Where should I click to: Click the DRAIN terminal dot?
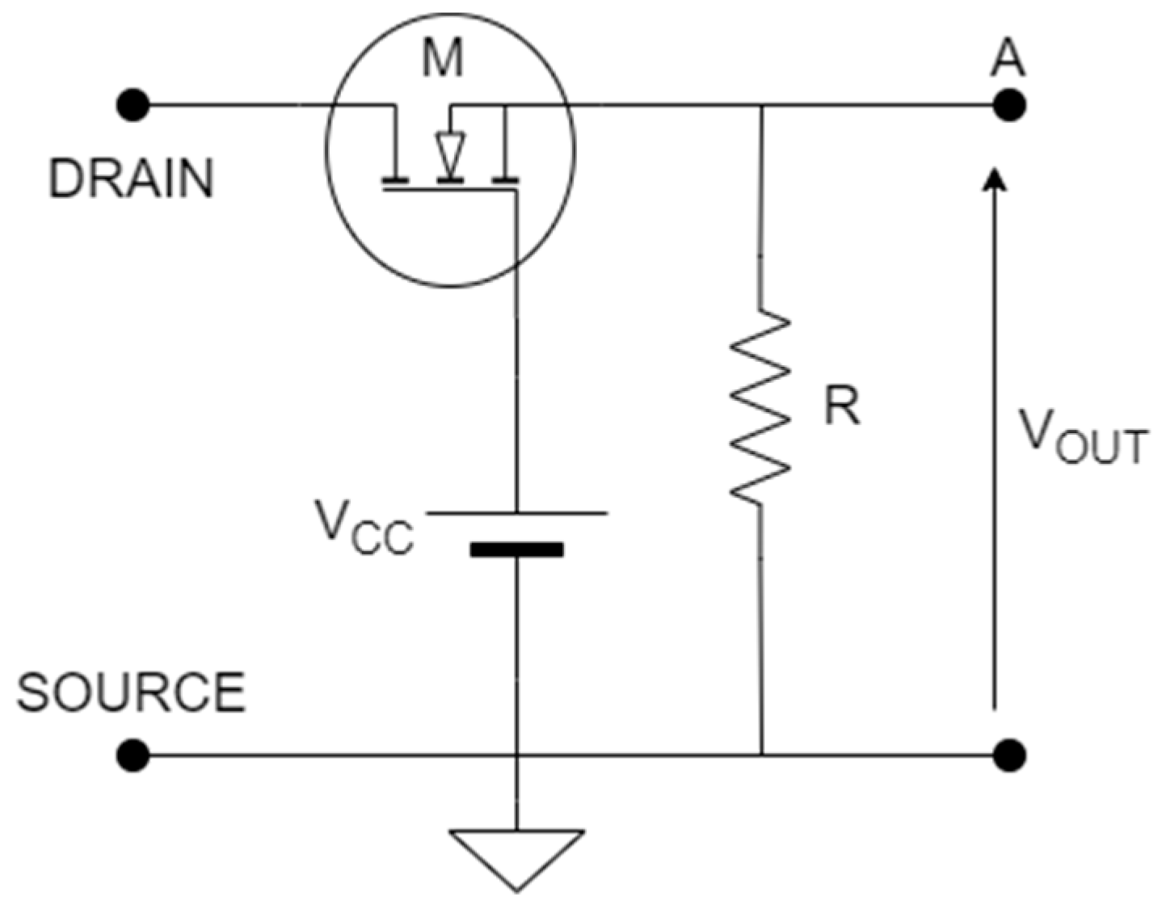click(x=133, y=105)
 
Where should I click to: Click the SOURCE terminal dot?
click(x=133, y=755)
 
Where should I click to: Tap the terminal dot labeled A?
click(x=1008, y=105)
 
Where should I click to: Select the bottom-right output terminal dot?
click(x=1008, y=755)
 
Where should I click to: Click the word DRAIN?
click(x=132, y=179)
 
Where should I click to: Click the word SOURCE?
click(x=131, y=692)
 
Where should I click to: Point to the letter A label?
click(x=1008, y=58)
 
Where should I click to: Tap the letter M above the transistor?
click(x=444, y=59)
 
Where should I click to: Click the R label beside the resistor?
click(x=841, y=406)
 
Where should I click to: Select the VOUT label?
click(x=1081, y=436)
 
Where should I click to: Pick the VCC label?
click(x=364, y=528)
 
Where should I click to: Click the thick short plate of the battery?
click(x=516, y=550)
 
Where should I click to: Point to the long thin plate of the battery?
click(x=516, y=513)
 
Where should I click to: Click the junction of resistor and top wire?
click(x=760, y=105)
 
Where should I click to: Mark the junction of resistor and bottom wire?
click(x=760, y=755)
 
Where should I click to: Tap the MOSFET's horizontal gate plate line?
click(x=449, y=190)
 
